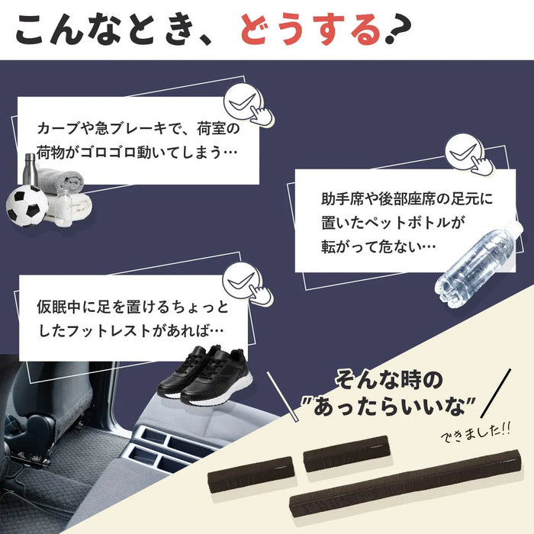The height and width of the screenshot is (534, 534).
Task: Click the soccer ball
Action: click(x=27, y=204)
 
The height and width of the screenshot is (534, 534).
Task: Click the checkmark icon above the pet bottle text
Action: click(x=462, y=152)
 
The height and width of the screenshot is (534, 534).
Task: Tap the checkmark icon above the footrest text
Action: click(x=242, y=280)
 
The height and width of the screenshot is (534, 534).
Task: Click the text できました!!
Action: click(x=474, y=433)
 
